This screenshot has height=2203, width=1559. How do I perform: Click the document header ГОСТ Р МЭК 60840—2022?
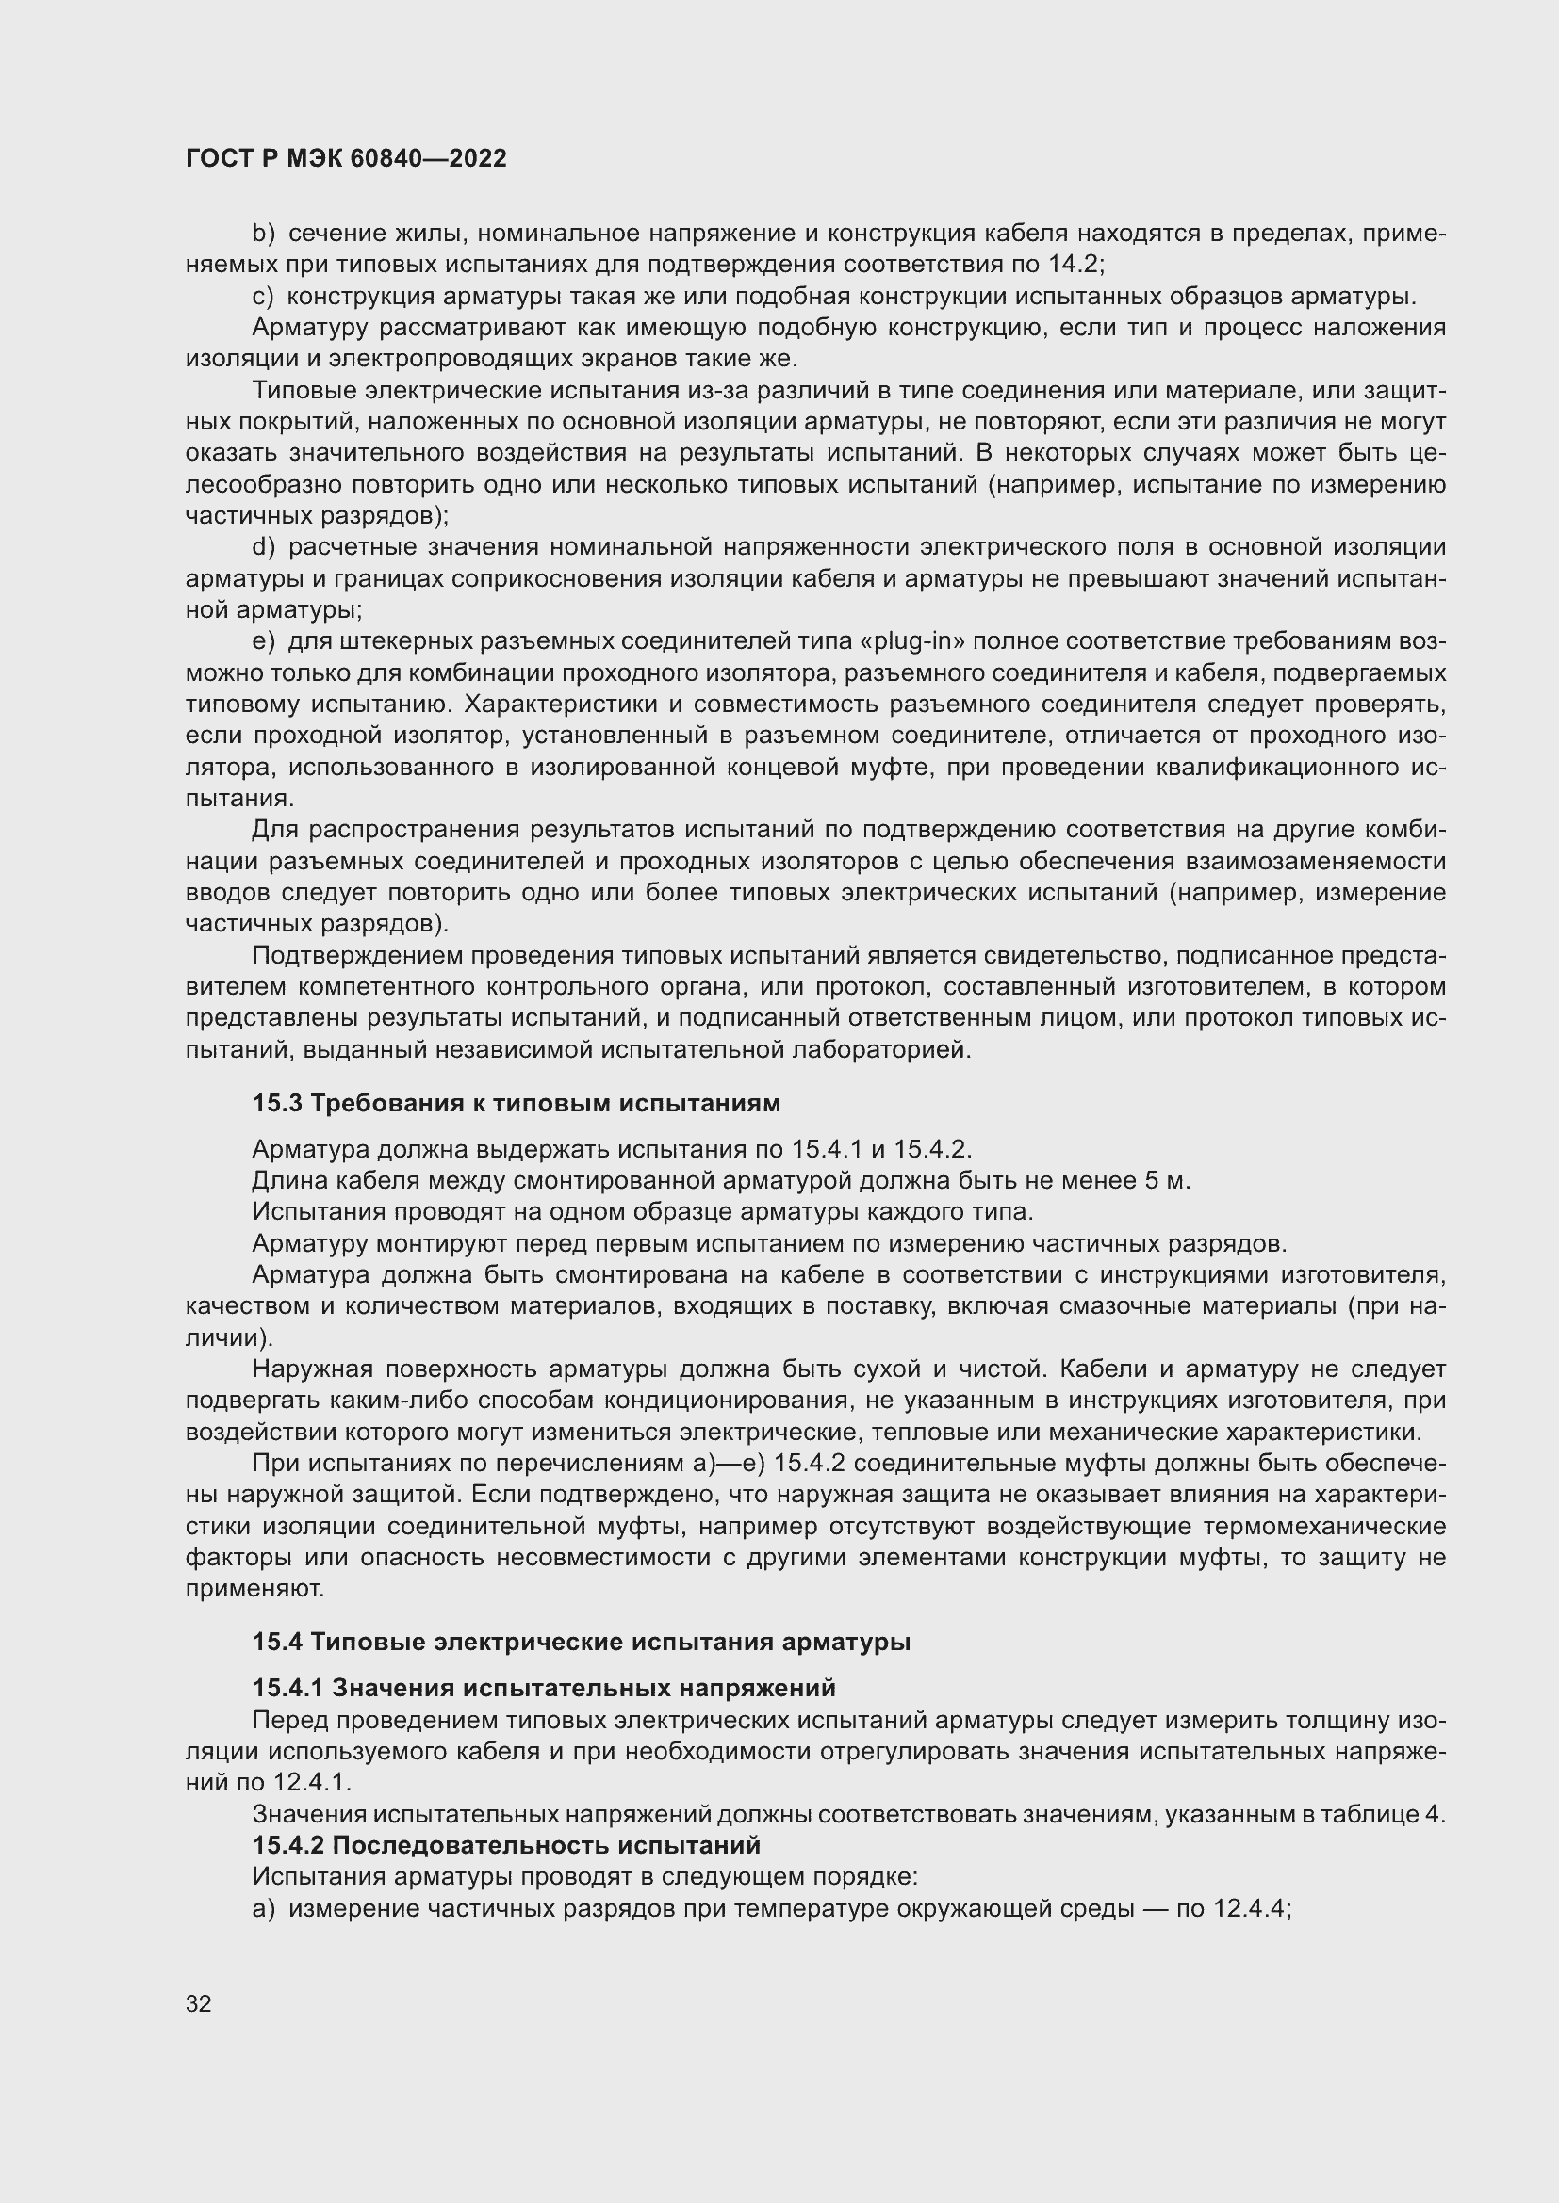click(x=346, y=158)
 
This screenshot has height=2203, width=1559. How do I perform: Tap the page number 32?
click(x=199, y=2003)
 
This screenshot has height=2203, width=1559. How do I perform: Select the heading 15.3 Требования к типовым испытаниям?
click(x=517, y=1104)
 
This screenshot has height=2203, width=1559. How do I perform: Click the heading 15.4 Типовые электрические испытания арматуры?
click(x=581, y=1642)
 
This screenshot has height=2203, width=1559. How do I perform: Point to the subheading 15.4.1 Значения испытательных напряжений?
click(x=543, y=1688)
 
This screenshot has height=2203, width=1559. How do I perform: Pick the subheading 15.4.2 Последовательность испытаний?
click(x=506, y=1845)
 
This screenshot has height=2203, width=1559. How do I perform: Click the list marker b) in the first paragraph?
click(x=263, y=234)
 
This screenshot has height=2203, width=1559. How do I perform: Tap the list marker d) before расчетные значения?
click(x=263, y=547)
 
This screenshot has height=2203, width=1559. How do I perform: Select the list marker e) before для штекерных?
click(x=263, y=641)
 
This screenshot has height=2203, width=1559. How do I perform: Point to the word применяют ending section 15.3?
click(x=254, y=1589)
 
